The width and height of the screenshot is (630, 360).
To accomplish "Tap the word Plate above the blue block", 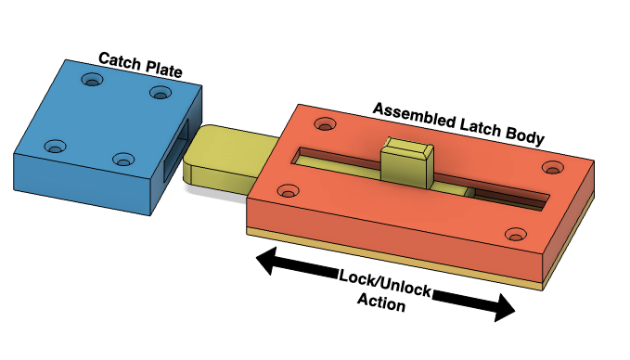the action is click(x=164, y=69).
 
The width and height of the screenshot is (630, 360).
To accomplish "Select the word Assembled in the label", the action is click(x=414, y=115).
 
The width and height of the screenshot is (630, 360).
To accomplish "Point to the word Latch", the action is click(x=480, y=126).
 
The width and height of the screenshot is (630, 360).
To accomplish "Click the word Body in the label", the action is click(x=524, y=135).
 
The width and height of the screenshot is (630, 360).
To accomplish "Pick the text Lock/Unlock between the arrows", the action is click(x=385, y=283).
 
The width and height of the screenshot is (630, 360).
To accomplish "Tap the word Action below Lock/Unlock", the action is click(x=381, y=302).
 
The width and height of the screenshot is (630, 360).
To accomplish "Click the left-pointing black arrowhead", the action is click(x=266, y=261).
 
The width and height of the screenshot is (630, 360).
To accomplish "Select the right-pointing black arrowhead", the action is click(x=504, y=308).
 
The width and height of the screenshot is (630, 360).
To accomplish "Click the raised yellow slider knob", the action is click(x=407, y=161).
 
